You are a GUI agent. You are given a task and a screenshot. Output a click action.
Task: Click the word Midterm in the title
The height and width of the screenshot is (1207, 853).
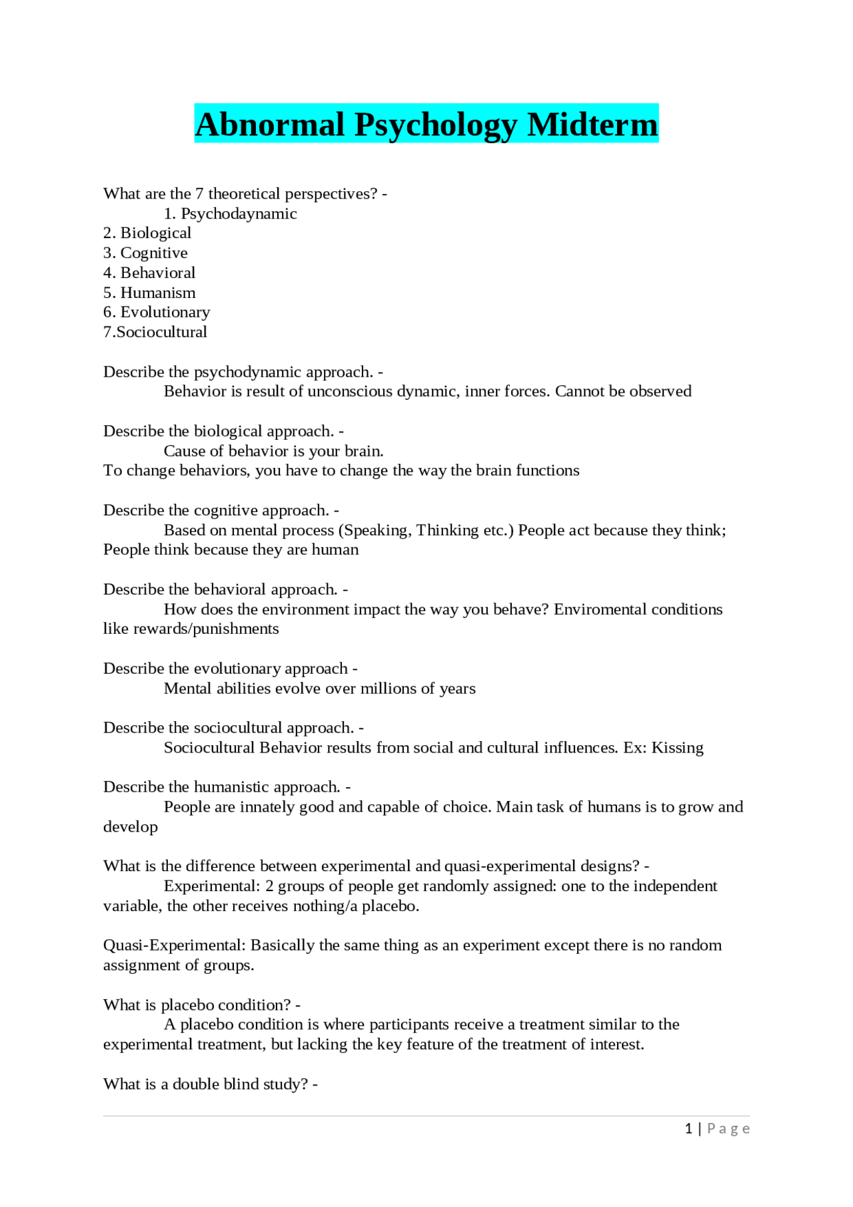pos(592,125)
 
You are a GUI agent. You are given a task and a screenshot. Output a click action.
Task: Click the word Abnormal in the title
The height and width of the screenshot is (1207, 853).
pos(269,125)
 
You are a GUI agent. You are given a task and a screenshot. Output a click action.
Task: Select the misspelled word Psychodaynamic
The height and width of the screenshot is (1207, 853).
pos(239,214)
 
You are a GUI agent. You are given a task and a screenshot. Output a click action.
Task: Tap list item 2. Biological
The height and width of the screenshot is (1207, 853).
pos(147,233)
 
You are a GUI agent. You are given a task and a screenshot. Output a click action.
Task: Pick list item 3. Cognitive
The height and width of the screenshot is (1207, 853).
pos(145,253)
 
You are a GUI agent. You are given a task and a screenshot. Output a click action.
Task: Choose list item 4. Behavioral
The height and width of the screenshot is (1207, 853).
pos(149,273)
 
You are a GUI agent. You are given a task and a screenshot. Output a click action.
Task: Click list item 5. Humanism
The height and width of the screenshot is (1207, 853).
pos(149,293)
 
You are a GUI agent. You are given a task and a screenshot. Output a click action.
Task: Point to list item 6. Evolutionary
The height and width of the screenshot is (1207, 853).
pos(157,313)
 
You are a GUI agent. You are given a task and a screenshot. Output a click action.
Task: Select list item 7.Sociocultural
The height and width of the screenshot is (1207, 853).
pos(155,333)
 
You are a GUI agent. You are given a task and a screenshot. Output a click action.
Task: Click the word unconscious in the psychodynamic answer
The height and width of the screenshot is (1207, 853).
pos(349,391)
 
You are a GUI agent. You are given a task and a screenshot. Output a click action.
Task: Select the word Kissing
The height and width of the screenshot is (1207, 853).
pos(677,748)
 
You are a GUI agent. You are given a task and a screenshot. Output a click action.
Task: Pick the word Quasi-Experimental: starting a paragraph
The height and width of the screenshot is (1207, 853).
pos(175,946)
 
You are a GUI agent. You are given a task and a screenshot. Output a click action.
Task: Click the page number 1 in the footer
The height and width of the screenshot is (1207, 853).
pos(688,1128)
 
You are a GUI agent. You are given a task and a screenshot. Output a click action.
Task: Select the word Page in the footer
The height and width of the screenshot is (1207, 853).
pos(728,1128)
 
